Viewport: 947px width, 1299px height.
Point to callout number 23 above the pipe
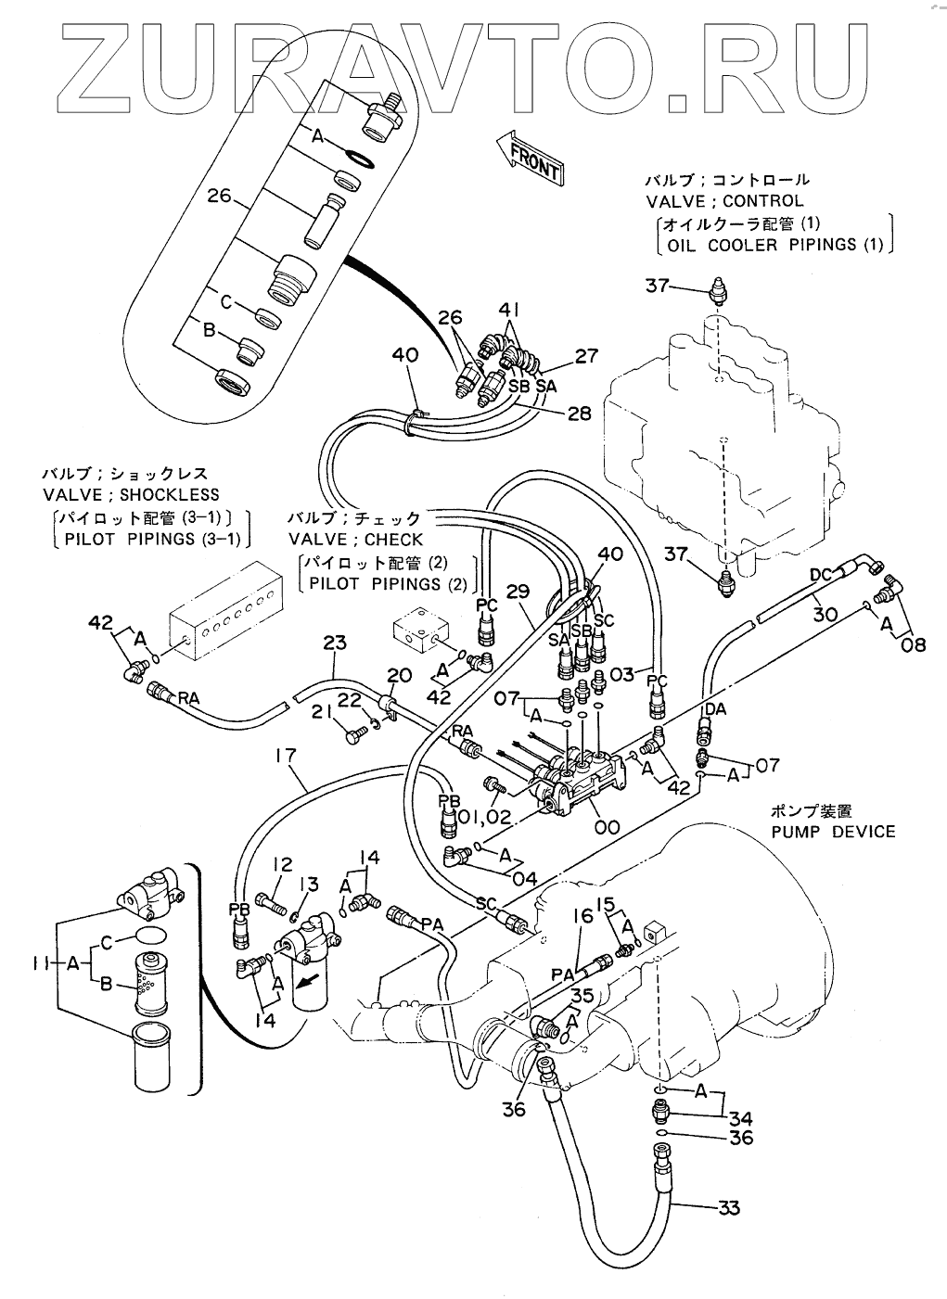click(x=335, y=643)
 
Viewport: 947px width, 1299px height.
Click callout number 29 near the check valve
click(x=518, y=592)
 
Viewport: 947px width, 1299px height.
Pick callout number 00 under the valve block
click(x=607, y=827)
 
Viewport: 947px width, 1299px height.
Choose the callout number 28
click(x=579, y=413)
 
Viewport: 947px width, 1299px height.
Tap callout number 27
click(x=585, y=355)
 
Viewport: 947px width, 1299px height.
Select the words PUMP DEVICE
click(x=833, y=833)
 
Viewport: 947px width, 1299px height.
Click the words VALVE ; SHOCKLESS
click(x=131, y=495)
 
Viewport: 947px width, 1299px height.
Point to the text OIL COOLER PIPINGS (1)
click(x=775, y=245)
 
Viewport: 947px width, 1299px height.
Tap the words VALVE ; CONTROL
click(x=725, y=201)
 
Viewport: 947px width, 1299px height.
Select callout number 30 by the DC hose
click(x=824, y=614)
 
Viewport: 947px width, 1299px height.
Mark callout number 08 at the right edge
click(x=913, y=643)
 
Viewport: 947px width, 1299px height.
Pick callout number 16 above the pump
click(x=583, y=916)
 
